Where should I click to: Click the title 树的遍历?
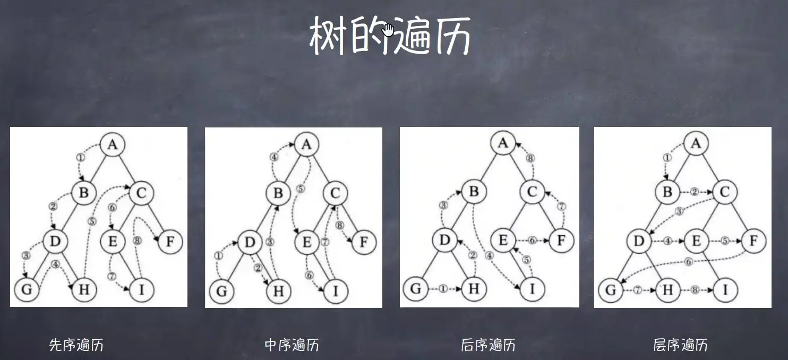click(x=390, y=35)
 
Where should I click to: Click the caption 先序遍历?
click(x=76, y=346)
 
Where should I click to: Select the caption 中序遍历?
click(x=292, y=346)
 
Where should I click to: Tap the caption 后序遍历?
click(x=489, y=346)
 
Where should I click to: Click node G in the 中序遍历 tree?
click(x=222, y=291)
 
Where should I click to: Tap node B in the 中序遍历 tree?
click(x=278, y=193)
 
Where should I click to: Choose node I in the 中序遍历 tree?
click(x=335, y=291)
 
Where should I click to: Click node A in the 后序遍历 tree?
click(x=503, y=142)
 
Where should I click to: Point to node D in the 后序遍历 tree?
click(x=445, y=240)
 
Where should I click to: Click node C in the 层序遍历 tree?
click(x=725, y=192)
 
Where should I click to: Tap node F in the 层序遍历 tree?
click(x=753, y=241)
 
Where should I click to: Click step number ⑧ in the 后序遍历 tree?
click(x=529, y=158)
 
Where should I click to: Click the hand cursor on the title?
click(x=389, y=30)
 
